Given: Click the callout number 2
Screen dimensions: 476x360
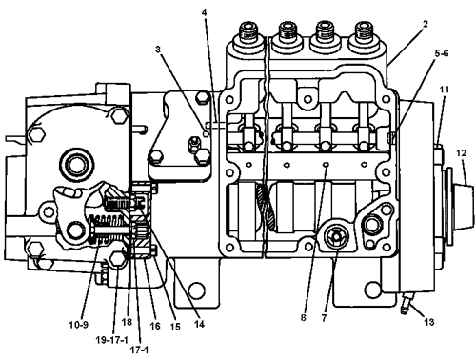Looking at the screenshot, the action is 426,24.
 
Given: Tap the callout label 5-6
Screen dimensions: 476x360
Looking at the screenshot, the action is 442,53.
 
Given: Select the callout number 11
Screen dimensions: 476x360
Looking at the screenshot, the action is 445,90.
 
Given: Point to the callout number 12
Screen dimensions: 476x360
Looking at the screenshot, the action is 462,153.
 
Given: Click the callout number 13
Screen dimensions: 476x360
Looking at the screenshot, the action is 429,322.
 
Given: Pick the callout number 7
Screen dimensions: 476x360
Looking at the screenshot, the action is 324,318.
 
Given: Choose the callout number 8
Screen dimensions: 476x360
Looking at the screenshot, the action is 304,317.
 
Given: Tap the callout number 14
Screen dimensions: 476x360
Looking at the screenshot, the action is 199,324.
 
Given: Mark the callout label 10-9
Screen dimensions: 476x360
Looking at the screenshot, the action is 78,325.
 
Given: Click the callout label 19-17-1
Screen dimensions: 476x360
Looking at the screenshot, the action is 112,340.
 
